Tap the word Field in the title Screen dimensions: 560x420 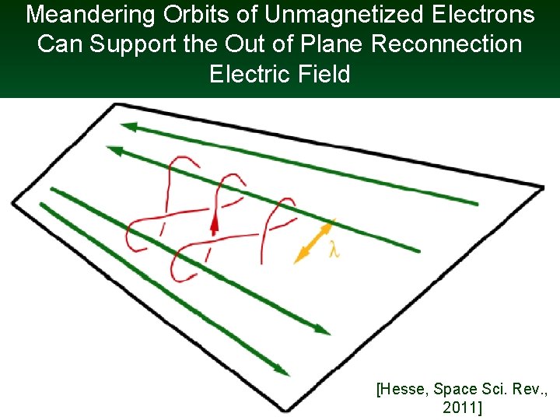pyautogui.click(x=324, y=75)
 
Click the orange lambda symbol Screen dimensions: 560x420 pyautogui.click(x=334, y=251)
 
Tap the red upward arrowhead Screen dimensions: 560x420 pyautogui.click(x=214, y=226)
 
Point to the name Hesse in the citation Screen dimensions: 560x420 pyautogui.click(x=408, y=389)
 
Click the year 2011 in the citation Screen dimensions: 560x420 pyautogui.click(x=459, y=407)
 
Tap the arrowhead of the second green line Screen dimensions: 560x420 pyautogui.click(x=114, y=150)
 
